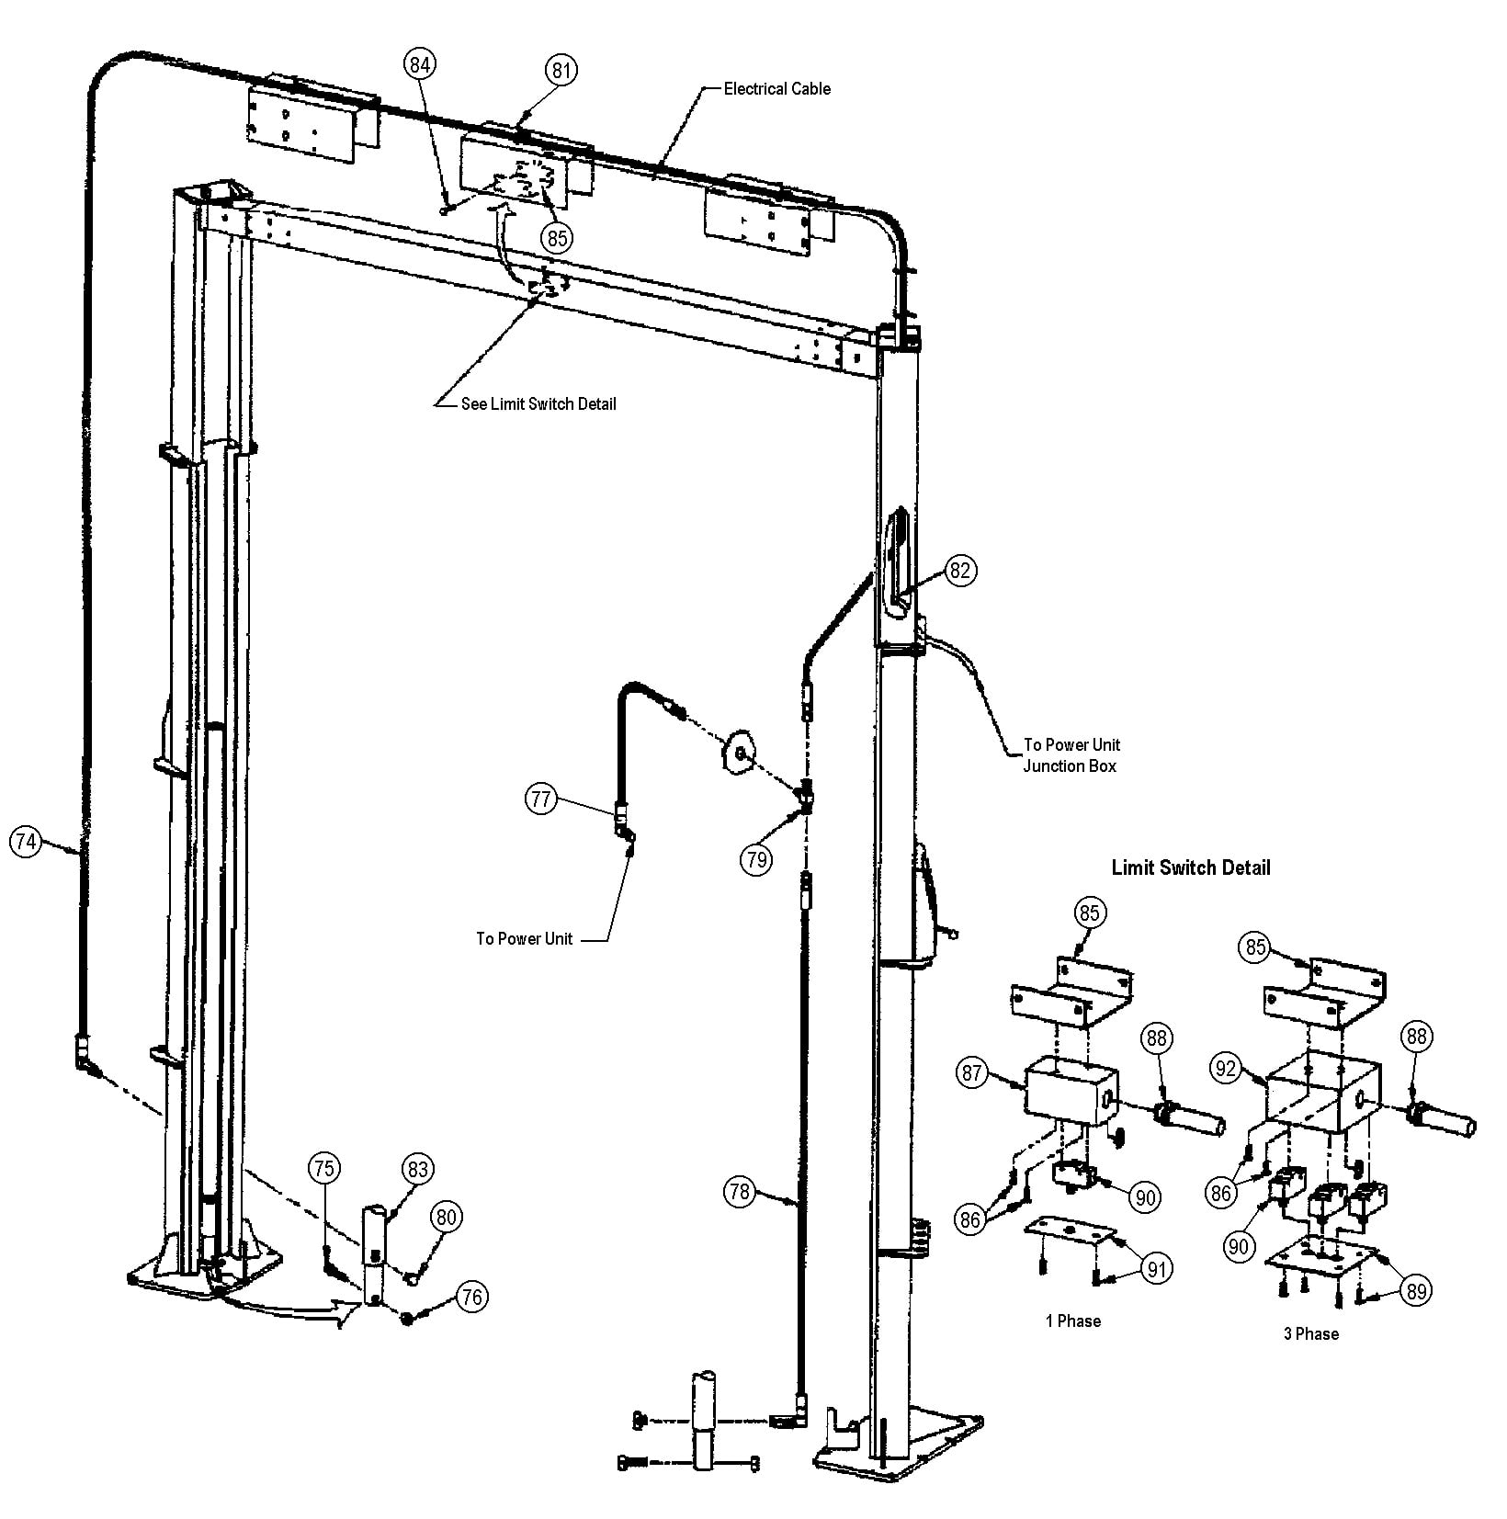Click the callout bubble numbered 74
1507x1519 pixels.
[x=27, y=841]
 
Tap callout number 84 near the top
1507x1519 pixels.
[x=420, y=64]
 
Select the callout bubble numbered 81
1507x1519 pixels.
[x=561, y=70]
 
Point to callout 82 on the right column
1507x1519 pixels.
[x=959, y=571]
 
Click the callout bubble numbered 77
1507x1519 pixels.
[x=541, y=799]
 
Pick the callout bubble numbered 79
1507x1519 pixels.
[x=756, y=859]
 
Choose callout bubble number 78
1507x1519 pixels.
[x=740, y=1192]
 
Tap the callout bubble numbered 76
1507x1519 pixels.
[x=471, y=1297]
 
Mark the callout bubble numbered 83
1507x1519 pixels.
[x=417, y=1169]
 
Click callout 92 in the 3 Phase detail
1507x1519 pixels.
[x=1226, y=1069]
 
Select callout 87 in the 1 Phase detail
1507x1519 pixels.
[x=973, y=1071]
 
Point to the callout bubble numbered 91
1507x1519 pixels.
[x=1156, y=1270]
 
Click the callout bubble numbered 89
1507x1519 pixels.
[x=1417, y=1291]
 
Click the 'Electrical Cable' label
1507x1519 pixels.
[x=776, y=89]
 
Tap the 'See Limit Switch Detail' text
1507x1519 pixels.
[x=538, y=403]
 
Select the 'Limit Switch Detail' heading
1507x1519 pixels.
[x=1191, y=867]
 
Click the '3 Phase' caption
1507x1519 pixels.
[x=1310, y=1333]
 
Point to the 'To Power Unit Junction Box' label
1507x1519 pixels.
[x=1071, y=755]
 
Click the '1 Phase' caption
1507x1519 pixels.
[x=1072, y=1321]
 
